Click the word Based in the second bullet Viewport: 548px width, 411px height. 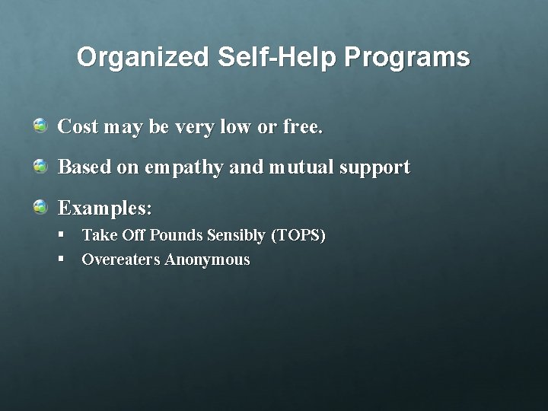[x=81, y=167]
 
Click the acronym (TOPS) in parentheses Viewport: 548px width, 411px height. [x=298, y=236]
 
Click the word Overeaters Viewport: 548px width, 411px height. [x=121, y=260]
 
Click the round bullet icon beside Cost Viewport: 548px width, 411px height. [x=40, y=125]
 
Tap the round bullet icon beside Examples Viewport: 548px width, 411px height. [x=40, y=206]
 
